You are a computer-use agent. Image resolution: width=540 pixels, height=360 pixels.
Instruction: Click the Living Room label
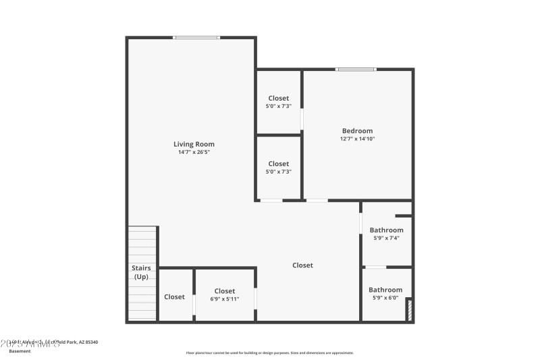coord(194,144)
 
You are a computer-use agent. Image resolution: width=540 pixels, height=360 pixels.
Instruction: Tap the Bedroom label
coord(357,131)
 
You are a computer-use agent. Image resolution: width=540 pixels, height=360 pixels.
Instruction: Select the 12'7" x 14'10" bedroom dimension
coord(357,139)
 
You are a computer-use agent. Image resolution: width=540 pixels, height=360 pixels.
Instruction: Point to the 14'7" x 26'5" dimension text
coord(194,152)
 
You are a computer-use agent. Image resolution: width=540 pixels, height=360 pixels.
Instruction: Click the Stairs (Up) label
coord(141,272)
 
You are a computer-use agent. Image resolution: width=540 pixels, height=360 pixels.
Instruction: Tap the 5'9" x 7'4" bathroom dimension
coord(386,238)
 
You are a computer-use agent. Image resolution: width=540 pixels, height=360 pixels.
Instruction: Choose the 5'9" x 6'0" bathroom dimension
coord(385,298)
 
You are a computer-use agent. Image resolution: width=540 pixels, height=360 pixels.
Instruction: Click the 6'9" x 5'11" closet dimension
coord(225,299)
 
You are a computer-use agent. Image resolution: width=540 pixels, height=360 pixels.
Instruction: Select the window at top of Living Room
coord(196,38)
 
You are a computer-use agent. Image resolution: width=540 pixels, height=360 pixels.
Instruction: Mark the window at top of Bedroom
coord(356,69)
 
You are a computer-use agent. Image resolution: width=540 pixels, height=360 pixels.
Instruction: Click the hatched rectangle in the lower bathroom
coord(408,310)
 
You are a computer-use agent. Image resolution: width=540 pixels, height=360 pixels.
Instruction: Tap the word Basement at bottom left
coord(20,351)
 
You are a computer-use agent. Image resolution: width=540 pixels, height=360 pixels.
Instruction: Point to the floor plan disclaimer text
coord(269,353)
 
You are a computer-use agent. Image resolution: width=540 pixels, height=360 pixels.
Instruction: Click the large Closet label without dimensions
coord(302,265)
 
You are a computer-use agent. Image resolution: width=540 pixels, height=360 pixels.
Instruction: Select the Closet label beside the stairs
coord(174,297)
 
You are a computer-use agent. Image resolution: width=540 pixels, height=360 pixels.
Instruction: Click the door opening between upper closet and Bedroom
coord(302,120)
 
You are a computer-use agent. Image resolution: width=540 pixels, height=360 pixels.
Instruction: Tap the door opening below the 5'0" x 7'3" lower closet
coord(271,201)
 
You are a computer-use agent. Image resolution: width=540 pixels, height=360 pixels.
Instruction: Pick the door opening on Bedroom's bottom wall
coord(317,201)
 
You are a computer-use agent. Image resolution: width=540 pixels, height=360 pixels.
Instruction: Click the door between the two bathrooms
coord(376,267)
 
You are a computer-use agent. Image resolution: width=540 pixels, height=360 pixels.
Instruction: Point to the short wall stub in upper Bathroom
coord(404,216)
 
